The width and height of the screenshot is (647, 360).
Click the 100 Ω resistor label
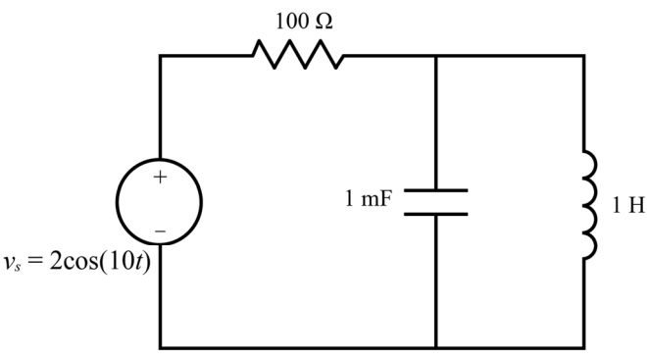tap(304, 21)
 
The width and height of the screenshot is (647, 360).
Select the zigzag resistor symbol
tap(298, 55)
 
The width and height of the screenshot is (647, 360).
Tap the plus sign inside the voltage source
tap(160, 178)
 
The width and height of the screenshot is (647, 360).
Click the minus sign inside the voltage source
tap(160, 231)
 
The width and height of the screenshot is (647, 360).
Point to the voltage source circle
tap(118, 202)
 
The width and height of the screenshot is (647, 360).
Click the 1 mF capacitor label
tap(368, 198)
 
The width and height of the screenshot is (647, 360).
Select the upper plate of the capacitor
tap(435, 190)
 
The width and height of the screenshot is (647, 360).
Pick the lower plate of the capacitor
tap(435, 214)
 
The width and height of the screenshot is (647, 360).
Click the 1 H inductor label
tap(628, 205)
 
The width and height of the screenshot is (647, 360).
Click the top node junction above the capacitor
tap(436, 55)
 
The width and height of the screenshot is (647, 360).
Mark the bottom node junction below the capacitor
tap(436, 347)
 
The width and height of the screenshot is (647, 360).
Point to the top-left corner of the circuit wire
tap(160, 55)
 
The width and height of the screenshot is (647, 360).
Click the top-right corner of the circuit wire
tap(584, 55)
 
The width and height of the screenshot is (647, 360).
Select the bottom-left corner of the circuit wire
tap(160, 347)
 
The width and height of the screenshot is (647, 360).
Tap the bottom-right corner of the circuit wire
tap(584, 347)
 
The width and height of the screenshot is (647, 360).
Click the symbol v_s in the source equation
tap(12, 264)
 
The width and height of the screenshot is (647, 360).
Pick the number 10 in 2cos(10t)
tap(118, 261)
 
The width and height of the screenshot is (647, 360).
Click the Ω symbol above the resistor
tap(323, 22)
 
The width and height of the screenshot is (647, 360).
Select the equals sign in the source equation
tap(34, 261)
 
